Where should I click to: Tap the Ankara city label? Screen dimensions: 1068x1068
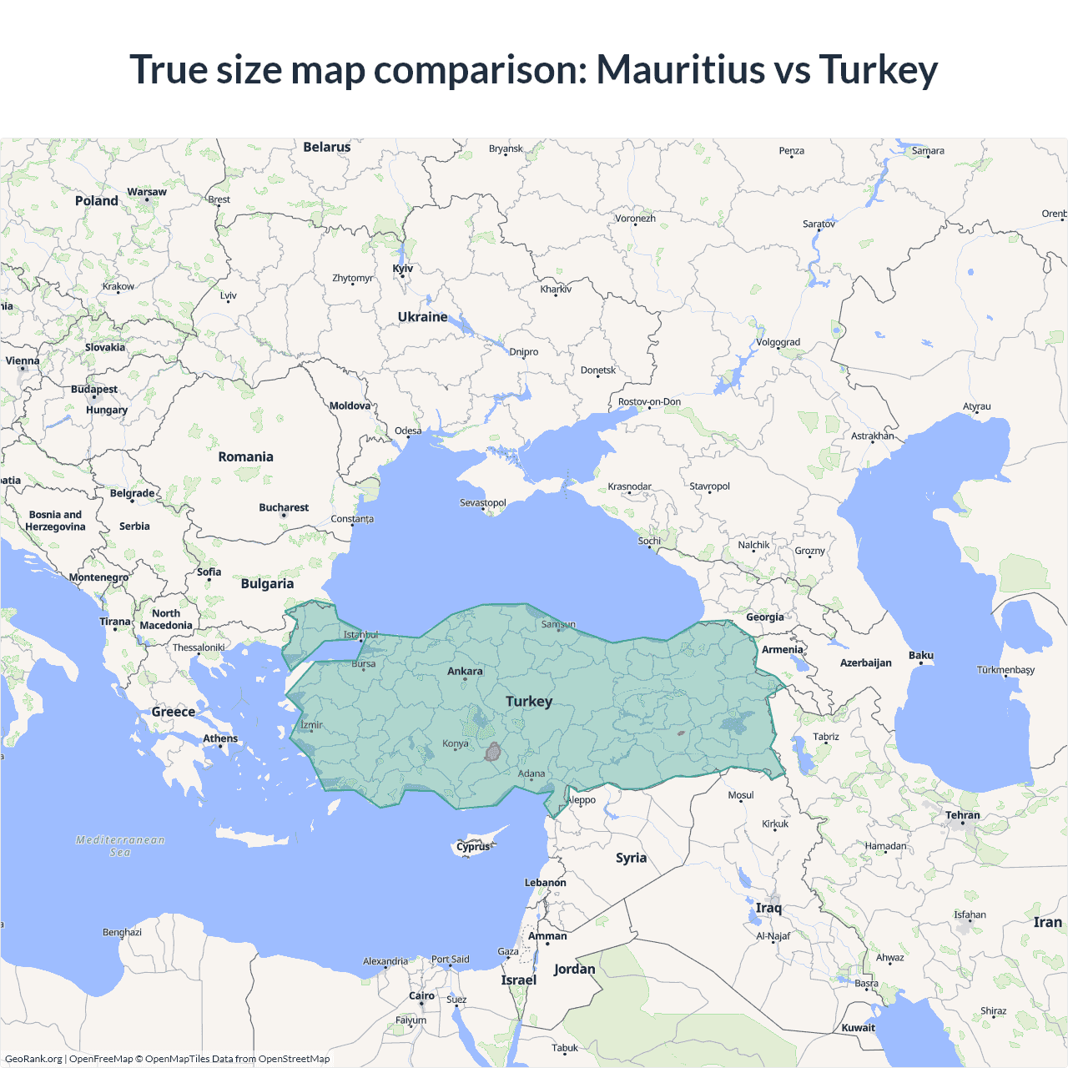coord(465,671)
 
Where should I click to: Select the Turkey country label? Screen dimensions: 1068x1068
coord(529,701)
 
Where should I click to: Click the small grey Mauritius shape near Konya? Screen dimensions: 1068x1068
coord(493,752)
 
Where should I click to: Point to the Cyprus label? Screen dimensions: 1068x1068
coord(473,847)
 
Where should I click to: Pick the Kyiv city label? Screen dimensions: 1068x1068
coord(403,269)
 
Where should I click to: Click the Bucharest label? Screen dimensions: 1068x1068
coord(284,507)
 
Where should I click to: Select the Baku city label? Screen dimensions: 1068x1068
coord(921,655)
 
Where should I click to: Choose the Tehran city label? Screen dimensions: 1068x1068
coord(963,815)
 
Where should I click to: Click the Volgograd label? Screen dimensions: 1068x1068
coord(778,342)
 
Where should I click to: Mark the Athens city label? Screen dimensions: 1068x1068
coord(220,738)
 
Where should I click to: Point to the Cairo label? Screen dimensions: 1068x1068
coord(421,995)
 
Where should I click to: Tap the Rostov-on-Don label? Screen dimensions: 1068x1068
coord(649,401)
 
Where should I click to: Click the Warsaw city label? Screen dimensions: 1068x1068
coord(147,192)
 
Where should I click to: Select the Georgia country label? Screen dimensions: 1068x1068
coord(765,617)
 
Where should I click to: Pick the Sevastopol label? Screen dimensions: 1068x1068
coord(483,502)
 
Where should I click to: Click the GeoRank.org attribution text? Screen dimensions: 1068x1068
coord(33,1059)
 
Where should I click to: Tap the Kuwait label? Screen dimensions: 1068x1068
coord(859,1027)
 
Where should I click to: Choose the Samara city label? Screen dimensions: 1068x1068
coord(928,151)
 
